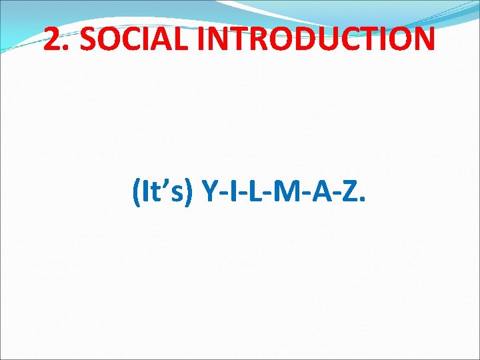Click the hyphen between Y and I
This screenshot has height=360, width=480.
(x=223, y=196)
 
